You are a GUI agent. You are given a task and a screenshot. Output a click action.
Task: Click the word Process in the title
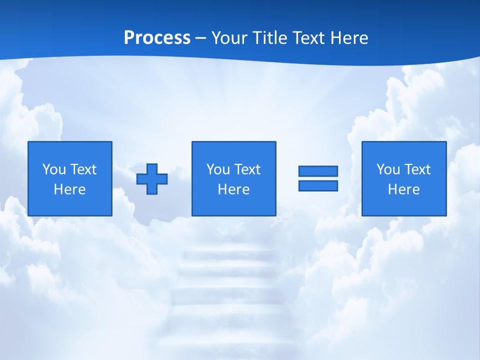157,38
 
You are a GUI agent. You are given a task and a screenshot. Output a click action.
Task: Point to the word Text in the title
307,38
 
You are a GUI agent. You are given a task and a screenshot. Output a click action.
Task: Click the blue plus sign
152,179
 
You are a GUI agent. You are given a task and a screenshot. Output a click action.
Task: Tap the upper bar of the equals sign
318,171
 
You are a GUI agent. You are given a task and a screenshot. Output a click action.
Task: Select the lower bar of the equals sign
318,185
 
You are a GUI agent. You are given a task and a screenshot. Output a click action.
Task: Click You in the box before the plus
53,169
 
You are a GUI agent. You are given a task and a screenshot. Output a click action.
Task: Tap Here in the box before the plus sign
69,189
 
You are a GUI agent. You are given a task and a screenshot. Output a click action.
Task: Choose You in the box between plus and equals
217,169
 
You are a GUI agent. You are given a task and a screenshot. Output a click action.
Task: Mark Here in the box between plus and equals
233,189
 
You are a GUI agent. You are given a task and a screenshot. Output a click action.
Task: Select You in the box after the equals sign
388,169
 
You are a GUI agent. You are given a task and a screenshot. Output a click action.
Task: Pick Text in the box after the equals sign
417,169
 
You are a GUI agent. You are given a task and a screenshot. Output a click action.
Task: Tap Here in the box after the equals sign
403,189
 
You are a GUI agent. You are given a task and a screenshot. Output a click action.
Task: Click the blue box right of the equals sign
404,205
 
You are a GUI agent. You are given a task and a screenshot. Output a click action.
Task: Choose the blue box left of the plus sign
70,205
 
